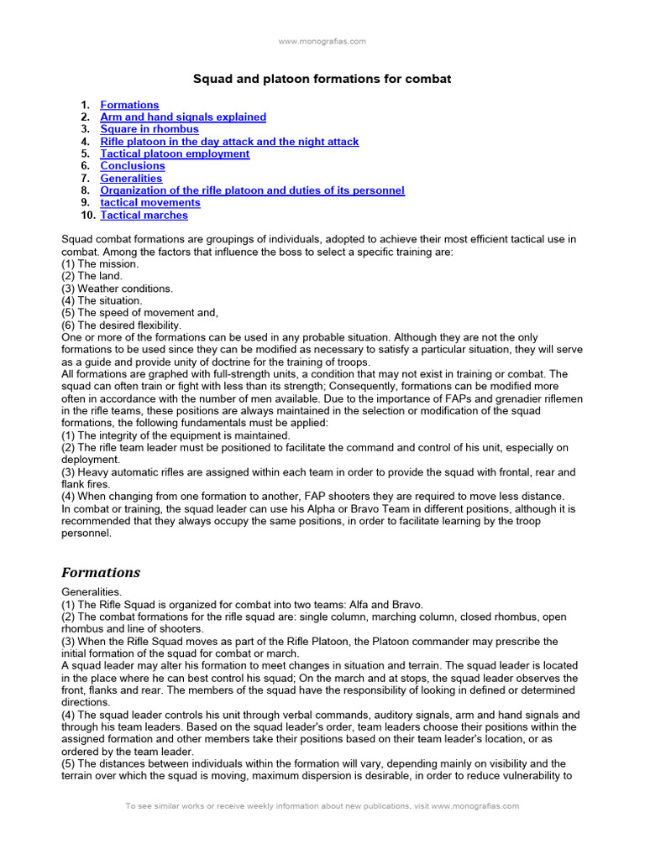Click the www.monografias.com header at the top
(x=322, y=40)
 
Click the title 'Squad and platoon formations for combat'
(x=322, y=79)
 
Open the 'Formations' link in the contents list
(x=129, y=105)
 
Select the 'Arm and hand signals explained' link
(x=183, y=117)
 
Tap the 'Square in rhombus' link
(x=149, y=129)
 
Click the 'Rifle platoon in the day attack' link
(x=229, y=142)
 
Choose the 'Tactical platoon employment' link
(x=175, y=154)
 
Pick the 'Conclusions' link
(x=133, y=166)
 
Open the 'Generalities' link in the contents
(x=131, y=178)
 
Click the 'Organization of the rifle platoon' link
(x=252, y=190)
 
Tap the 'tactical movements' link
(x=150, y=202)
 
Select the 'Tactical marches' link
(x=144, y=216)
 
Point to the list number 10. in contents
(x=88, y=216)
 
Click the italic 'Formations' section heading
(x=101, y=573)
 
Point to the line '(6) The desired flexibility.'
(x=121, y=325)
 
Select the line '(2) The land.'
(x=92, y=276)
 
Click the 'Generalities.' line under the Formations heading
(x=92, y=592)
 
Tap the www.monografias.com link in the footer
(x=475, y=806)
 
